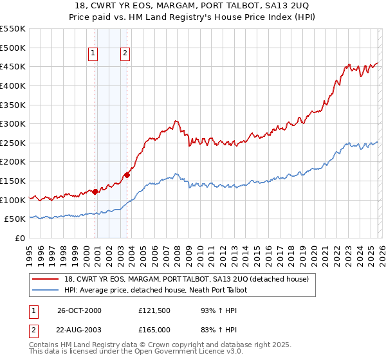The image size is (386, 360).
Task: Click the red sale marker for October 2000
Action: click(95, 191)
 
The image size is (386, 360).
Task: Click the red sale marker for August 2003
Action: click(127, 174)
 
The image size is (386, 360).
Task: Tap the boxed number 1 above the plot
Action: click(93, 54)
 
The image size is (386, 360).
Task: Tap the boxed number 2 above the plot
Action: click(125, 54)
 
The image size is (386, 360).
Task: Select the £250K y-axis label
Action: click(14, 143)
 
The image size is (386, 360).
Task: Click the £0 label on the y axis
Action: click(21, 238)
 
